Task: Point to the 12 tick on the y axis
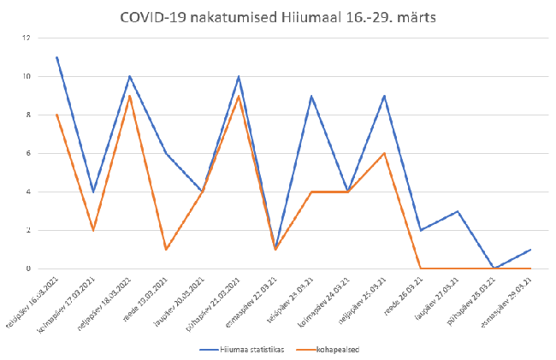click(x=27, y=38)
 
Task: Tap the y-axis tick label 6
click(x=29, y=153)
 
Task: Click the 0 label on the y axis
click(x=29, y=269)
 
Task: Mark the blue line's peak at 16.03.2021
click(x=56, y=57)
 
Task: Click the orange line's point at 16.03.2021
click(x=56, y=115)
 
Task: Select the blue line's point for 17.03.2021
click(x=93, y=192)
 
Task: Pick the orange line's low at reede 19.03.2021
click(x=166, y=249)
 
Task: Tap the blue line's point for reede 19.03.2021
click(x=166, y=153)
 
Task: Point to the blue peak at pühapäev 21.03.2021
click(x=239, y=76)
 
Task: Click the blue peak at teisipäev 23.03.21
click(x=312, y=96)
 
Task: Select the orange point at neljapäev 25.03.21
click(x=385, y=153)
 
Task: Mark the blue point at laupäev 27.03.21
click(x=458, y=211)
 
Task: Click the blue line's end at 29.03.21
click(x=531, y=249)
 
